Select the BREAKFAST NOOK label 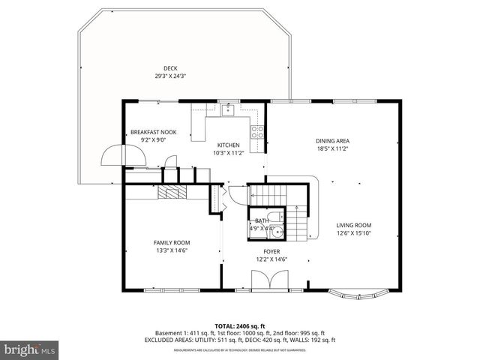[x=153, y=132]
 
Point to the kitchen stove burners [x=256, y=131]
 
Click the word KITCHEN [x=228, y=145]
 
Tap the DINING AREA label [x=332, y=141]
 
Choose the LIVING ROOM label [x=353, y=225]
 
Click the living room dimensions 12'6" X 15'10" [x=353, y=232]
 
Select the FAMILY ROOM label [x=172, y=242]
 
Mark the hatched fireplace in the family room [x=173, y=192]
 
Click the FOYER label [x=271, y=252]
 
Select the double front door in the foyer [x=266, y=282]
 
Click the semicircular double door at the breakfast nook [x=115, y=154]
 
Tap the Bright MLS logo [x=30, y=349]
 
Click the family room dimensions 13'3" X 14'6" [x=172, y=250]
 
